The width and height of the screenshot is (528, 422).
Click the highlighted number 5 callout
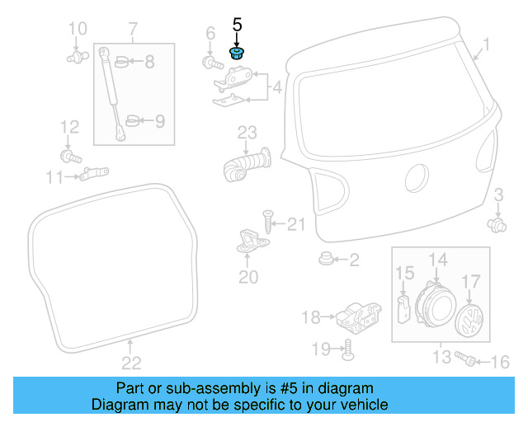click(238, 26)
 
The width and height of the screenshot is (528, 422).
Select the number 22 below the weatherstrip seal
click(131, 362)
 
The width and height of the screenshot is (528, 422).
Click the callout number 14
click(437, 260)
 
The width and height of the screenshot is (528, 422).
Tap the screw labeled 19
click(346, 349)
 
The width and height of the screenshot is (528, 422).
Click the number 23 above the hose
click(248, 132)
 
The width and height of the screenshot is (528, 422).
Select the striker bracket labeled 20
click(249, 240)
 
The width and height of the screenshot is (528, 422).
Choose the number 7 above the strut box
click(133, 31)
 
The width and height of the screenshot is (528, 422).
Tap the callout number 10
click(77, 30)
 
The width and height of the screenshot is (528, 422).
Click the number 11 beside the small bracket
click(54, 177)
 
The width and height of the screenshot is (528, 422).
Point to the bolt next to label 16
click(468, 360)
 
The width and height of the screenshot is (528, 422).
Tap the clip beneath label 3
click(497, 223)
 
